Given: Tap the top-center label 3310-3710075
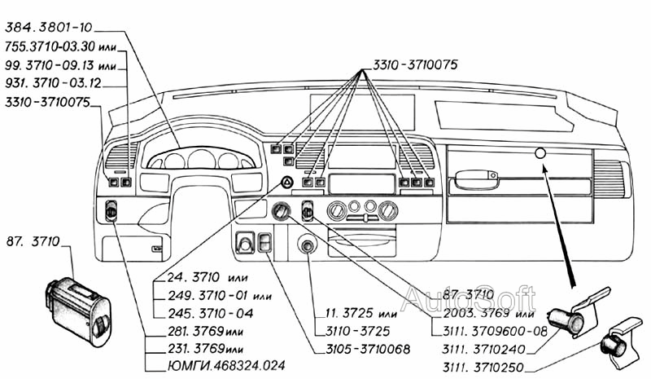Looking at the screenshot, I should click(x=416, y=65).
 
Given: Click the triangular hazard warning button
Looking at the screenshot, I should click(x=288, y=183).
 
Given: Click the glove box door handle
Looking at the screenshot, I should click(x=477, y=177).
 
